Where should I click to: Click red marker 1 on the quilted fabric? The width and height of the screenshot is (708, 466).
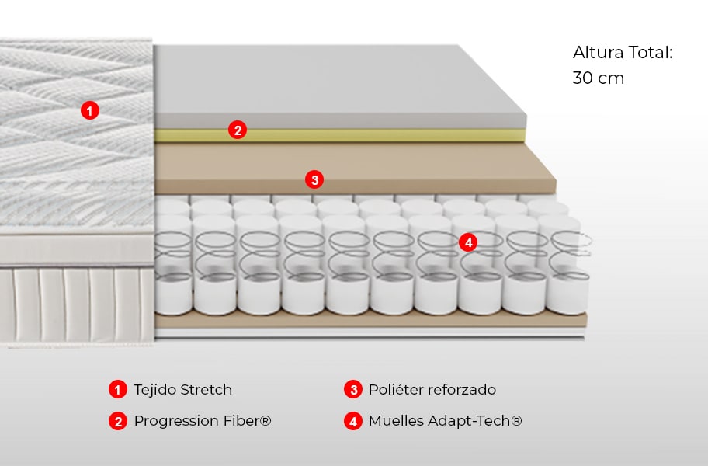click(x=90, y=111)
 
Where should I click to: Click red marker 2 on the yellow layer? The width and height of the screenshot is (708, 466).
click(x=238, y=130)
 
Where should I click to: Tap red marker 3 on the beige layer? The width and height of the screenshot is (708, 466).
click(x=314, y=180)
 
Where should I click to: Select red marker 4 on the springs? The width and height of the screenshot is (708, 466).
click(x=467, y=242)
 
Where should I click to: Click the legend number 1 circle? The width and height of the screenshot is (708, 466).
click(x=117, y=389)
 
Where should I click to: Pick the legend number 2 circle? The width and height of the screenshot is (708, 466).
click(x=117, y=421)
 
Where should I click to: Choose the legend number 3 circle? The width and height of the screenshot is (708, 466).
click(x=353, y=389)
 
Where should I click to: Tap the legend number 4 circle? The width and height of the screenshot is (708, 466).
click(x=353, y=421)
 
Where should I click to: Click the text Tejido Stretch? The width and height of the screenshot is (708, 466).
click(x=182, y=389)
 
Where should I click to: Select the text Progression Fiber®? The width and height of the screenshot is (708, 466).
click(x=203, y=421)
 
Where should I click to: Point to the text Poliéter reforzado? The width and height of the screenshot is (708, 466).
click(x=432, y=389)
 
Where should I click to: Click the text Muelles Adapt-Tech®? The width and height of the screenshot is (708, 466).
click(x=445, y=421)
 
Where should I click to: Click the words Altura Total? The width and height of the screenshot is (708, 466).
click(x=622, y=53)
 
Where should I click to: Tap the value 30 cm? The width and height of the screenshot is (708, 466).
click(x=598, y=78)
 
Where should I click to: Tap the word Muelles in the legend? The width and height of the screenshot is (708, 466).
click(x=394, y=421)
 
